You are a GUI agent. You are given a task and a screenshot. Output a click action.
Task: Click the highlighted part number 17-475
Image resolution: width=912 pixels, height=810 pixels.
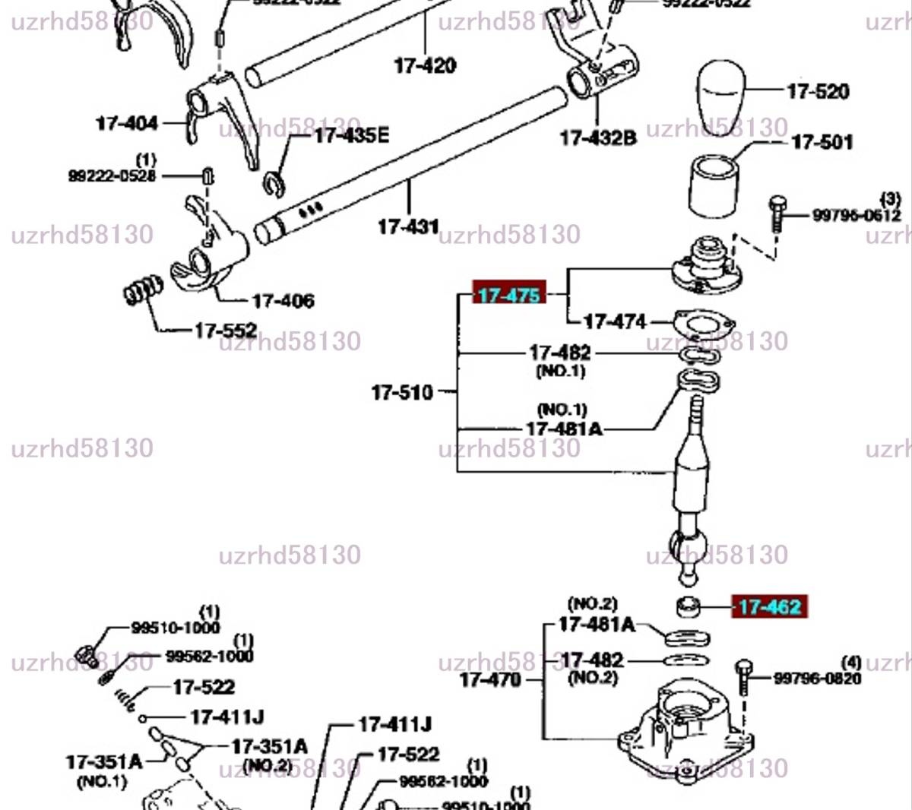tap(509, 294)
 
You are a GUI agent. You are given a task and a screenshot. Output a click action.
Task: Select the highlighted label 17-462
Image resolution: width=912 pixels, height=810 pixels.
tap(769, 607)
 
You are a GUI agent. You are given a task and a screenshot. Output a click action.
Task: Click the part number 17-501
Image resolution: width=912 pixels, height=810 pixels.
tap(822, 142)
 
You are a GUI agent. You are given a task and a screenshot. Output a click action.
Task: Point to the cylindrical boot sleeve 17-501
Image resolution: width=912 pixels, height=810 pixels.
tap(713, 186)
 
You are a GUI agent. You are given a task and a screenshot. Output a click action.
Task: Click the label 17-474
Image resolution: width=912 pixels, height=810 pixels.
tap(615, 321)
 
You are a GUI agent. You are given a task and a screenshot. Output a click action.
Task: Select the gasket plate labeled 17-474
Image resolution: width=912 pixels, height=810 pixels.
tap(704, 323)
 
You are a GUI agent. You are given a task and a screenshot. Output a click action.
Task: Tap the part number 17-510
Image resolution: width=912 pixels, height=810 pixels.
tap(402, 393)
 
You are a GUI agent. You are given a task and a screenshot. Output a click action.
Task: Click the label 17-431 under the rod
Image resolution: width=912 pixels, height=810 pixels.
tap(408, 226)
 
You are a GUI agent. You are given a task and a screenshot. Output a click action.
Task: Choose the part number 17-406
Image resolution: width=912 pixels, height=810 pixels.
tap(283, 302)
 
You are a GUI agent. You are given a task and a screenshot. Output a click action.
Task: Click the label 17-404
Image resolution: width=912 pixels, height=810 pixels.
tap(127, 123)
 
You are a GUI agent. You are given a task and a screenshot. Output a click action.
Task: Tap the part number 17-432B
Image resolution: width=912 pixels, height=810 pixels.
tap(598, 138)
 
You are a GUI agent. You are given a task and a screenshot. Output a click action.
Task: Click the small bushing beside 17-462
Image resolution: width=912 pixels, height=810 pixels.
tap(688, 606)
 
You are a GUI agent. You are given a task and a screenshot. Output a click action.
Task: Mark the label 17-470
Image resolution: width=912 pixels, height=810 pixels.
tap(490, 679)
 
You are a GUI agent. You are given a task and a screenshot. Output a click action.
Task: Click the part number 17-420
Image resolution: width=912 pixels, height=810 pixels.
tap(425, 65)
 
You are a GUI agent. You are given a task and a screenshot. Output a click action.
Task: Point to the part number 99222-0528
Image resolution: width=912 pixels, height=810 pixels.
tap(112, 176)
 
